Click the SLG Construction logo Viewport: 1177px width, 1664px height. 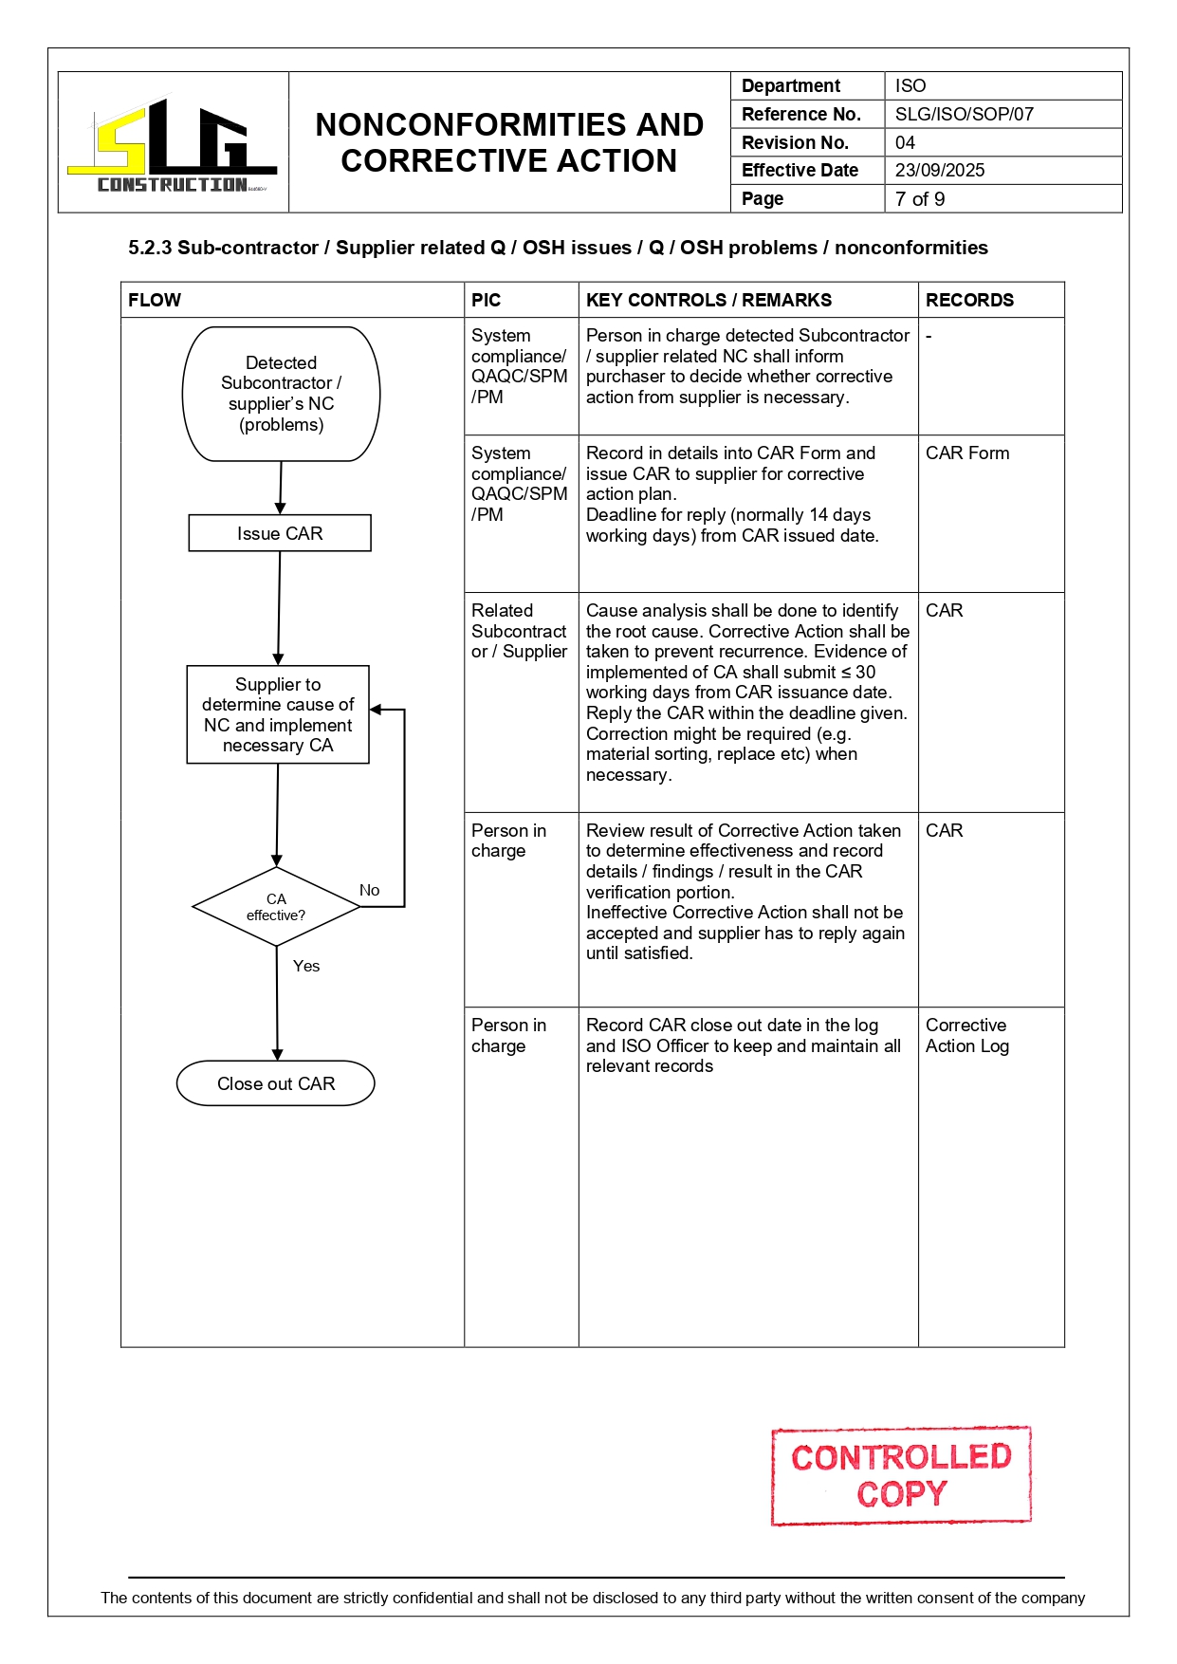tap(173, 144)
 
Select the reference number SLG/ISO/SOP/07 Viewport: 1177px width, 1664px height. tap(964, 114)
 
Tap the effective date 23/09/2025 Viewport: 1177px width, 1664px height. tap(939, 171)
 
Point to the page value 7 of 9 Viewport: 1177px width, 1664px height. tap(919, 199)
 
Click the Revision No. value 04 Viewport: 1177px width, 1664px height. tap(905, 142)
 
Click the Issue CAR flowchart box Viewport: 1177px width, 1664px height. tap(280, 533)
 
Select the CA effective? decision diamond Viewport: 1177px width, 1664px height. tap(276, 907)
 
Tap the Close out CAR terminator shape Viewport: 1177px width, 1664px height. tap(276, 1083)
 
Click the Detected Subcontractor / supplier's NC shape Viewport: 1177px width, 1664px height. tap(281, 394)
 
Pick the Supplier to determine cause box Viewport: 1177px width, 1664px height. tap(278, 714)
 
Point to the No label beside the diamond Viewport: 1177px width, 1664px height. tap(369, 890)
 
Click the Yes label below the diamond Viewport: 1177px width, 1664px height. tap(305, 966)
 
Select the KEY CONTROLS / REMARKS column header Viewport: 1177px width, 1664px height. tap(708, 300)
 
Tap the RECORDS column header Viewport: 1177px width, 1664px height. tap(969, 300)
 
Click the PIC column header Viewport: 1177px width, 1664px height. tap(486, 300)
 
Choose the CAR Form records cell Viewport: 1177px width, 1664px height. tap(967, 453)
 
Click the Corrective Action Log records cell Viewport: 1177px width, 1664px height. tap(966, 1036)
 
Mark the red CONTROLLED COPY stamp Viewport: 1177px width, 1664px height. tap(901, 1475)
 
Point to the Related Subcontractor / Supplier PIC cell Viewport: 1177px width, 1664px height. tap(519, 631)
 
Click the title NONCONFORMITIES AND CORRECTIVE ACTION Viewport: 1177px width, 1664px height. tap(509, 142)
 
